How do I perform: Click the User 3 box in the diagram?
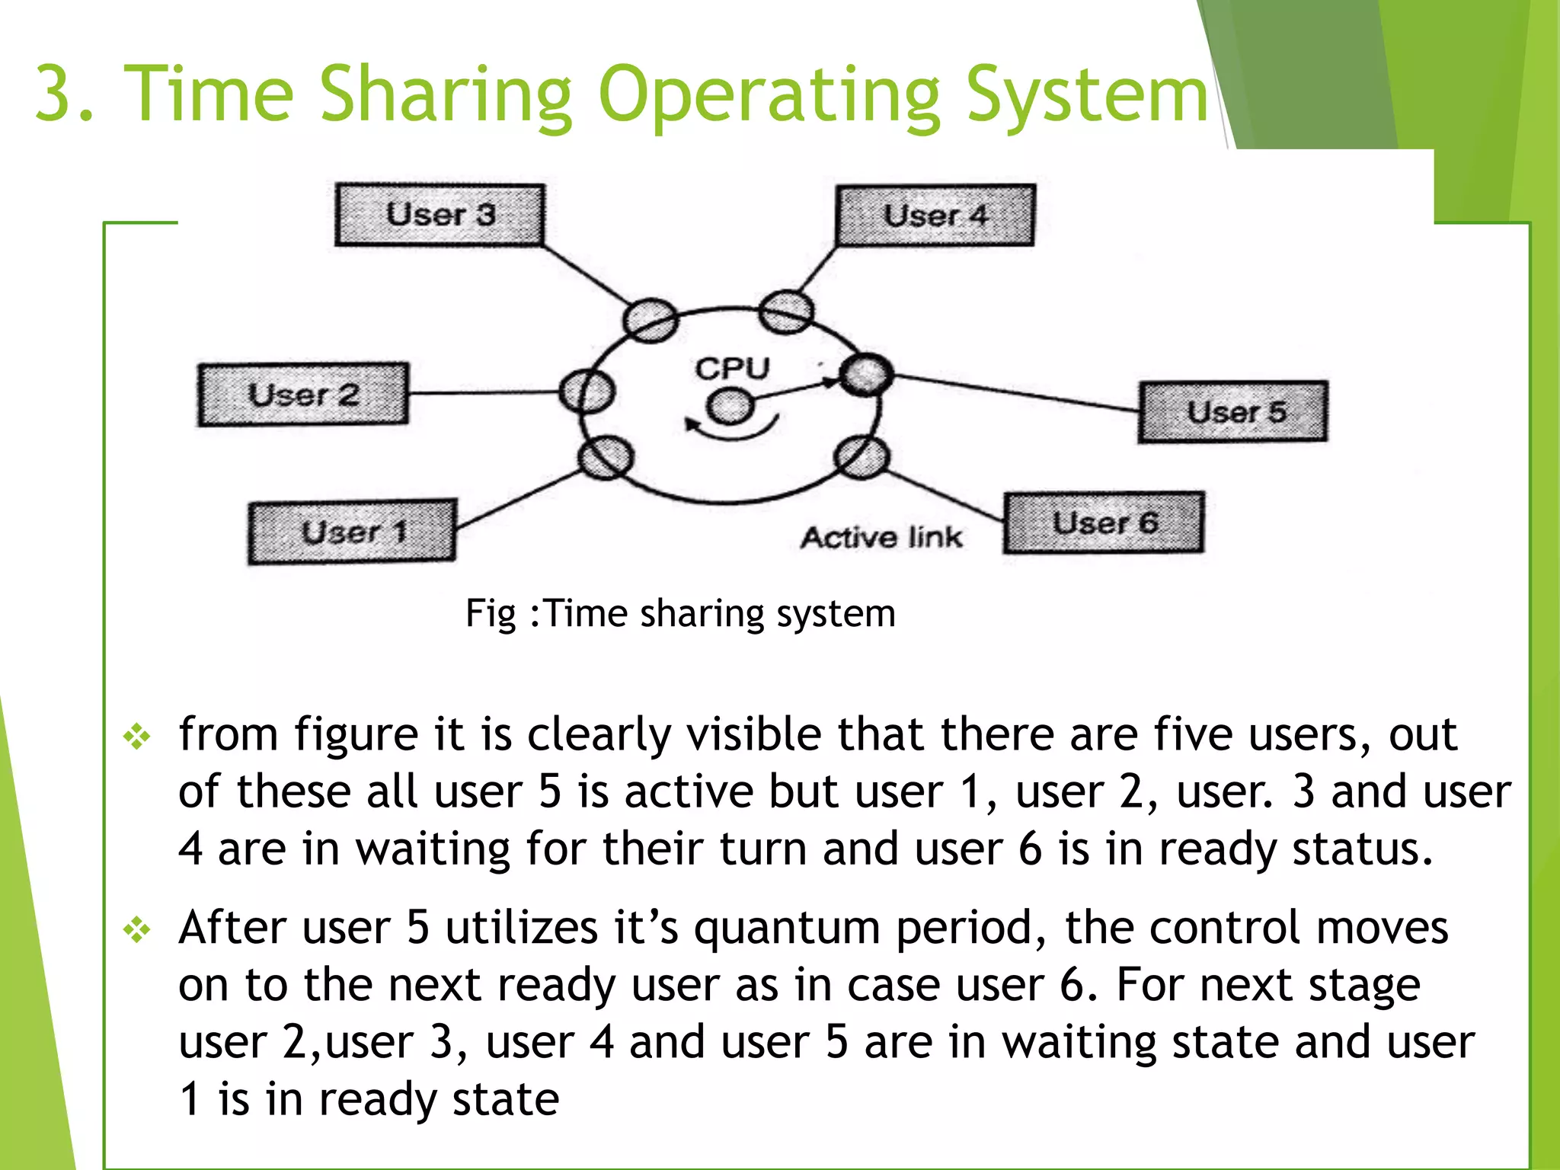pos(440,215)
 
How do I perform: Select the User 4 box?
pos(935,216)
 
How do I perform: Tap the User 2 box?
pos(303,395)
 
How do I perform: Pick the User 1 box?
pos(353,532)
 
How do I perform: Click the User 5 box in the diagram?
pos(1233,412)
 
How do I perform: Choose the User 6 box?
pos(1104,523)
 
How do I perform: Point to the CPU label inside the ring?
pos(732,369)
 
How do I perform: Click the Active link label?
pos(881,538)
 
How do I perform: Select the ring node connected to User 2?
pos(587,392)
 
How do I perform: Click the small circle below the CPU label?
pos(730,406)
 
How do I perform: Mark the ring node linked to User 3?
pos(650,319)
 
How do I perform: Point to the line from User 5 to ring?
pos(1013,392)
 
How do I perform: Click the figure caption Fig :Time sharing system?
pos(680,614)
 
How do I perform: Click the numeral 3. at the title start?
pos(64,94)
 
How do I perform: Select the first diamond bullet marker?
pos(137,737)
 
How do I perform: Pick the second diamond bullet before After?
pos(137,930)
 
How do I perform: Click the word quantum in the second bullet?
pos(786,929)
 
